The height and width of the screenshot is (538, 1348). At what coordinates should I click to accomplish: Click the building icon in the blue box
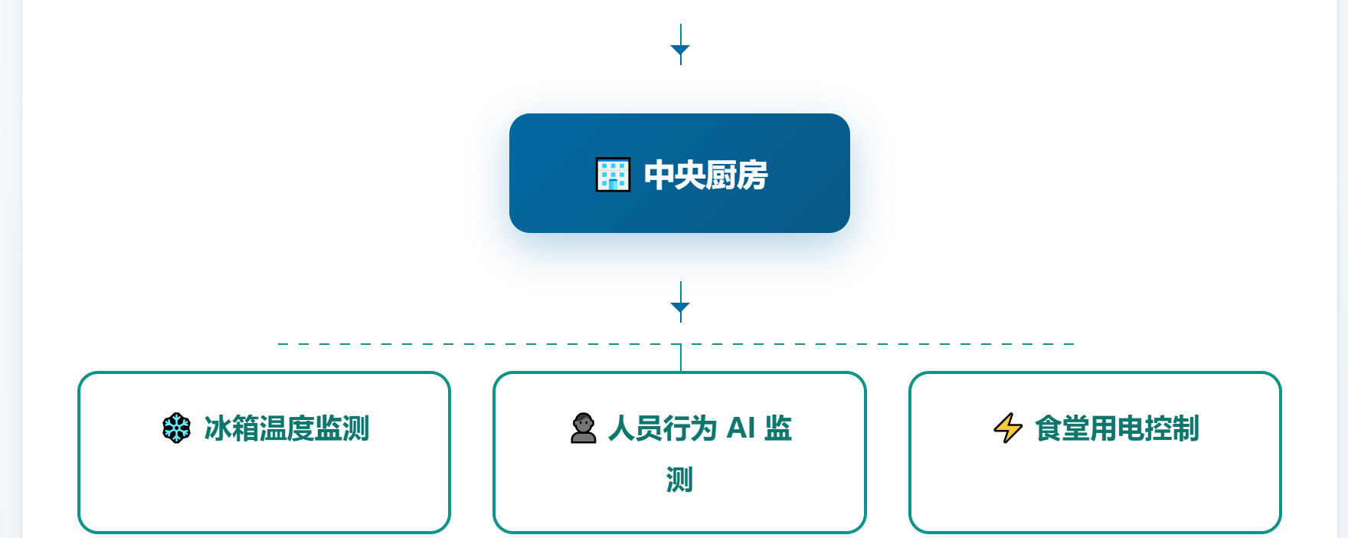tap(613, 175)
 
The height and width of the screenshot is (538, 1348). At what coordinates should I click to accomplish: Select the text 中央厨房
tap(706, 176)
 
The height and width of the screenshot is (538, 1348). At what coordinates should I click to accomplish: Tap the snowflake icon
tap(177, 428)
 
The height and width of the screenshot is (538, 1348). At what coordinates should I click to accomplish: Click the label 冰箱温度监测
tap(287, 428)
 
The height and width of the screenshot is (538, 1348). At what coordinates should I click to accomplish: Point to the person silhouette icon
tap(584, 428)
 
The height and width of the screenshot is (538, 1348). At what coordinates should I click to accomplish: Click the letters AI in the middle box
tap(741, 428)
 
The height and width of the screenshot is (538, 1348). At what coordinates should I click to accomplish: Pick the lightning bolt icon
tap(1008, 428)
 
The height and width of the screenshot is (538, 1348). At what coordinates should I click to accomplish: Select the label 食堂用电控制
tap(1117, 428)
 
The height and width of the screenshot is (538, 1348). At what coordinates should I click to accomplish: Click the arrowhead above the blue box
tap(680, 51)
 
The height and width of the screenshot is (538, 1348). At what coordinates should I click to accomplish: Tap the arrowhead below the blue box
tap(680, 308)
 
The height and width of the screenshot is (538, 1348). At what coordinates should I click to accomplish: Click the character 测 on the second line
tap(679, 480)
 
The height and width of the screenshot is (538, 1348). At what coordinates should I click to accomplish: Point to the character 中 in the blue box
tap(659, 176)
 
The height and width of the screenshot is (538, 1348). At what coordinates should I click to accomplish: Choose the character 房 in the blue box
tap(753, 176)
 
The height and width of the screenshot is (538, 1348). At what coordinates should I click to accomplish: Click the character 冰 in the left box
tap(218, 428)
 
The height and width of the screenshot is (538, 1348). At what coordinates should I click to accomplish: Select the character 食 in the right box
tap(1049, 428)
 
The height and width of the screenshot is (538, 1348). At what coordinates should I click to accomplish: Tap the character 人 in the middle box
tap(622, 428)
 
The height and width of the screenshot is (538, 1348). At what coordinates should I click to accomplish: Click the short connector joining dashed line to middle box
tap(681, 358)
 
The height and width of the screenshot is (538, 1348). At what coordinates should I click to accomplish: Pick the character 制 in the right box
tap(1186, 428)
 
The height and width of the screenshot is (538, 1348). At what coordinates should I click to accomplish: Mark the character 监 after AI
tap(778, 428)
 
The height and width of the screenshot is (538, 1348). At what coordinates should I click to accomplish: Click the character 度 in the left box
tap(301, 428)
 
